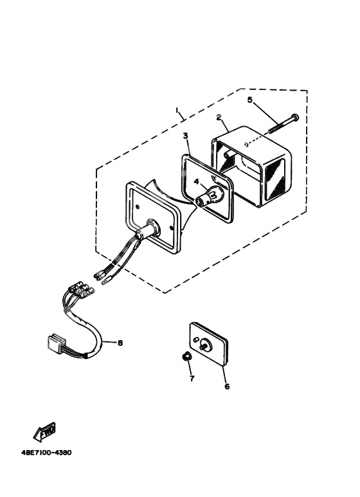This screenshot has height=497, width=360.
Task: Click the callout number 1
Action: (x=177, y=111)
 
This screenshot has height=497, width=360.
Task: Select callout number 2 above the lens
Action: (x=219, y=118)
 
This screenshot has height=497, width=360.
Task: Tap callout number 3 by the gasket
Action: (x=184, y=136)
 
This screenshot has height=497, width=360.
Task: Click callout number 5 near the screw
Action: (x=250, y=100)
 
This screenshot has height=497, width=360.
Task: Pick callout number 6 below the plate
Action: (x=226, y=386)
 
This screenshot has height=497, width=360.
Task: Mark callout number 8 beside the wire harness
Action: (x=120, y=343)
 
